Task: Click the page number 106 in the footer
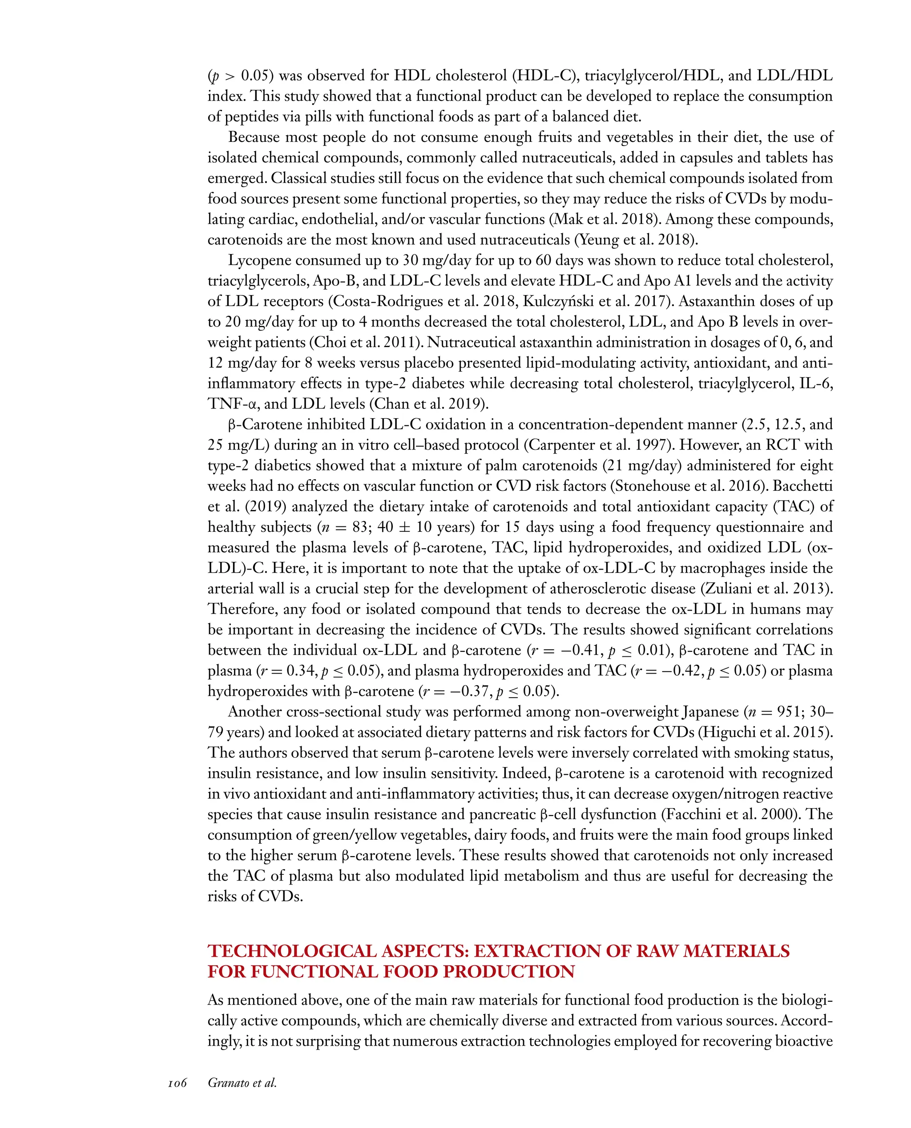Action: [177, 1083]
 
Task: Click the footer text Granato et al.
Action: [242, 1083]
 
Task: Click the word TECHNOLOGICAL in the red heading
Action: [292, 952]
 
